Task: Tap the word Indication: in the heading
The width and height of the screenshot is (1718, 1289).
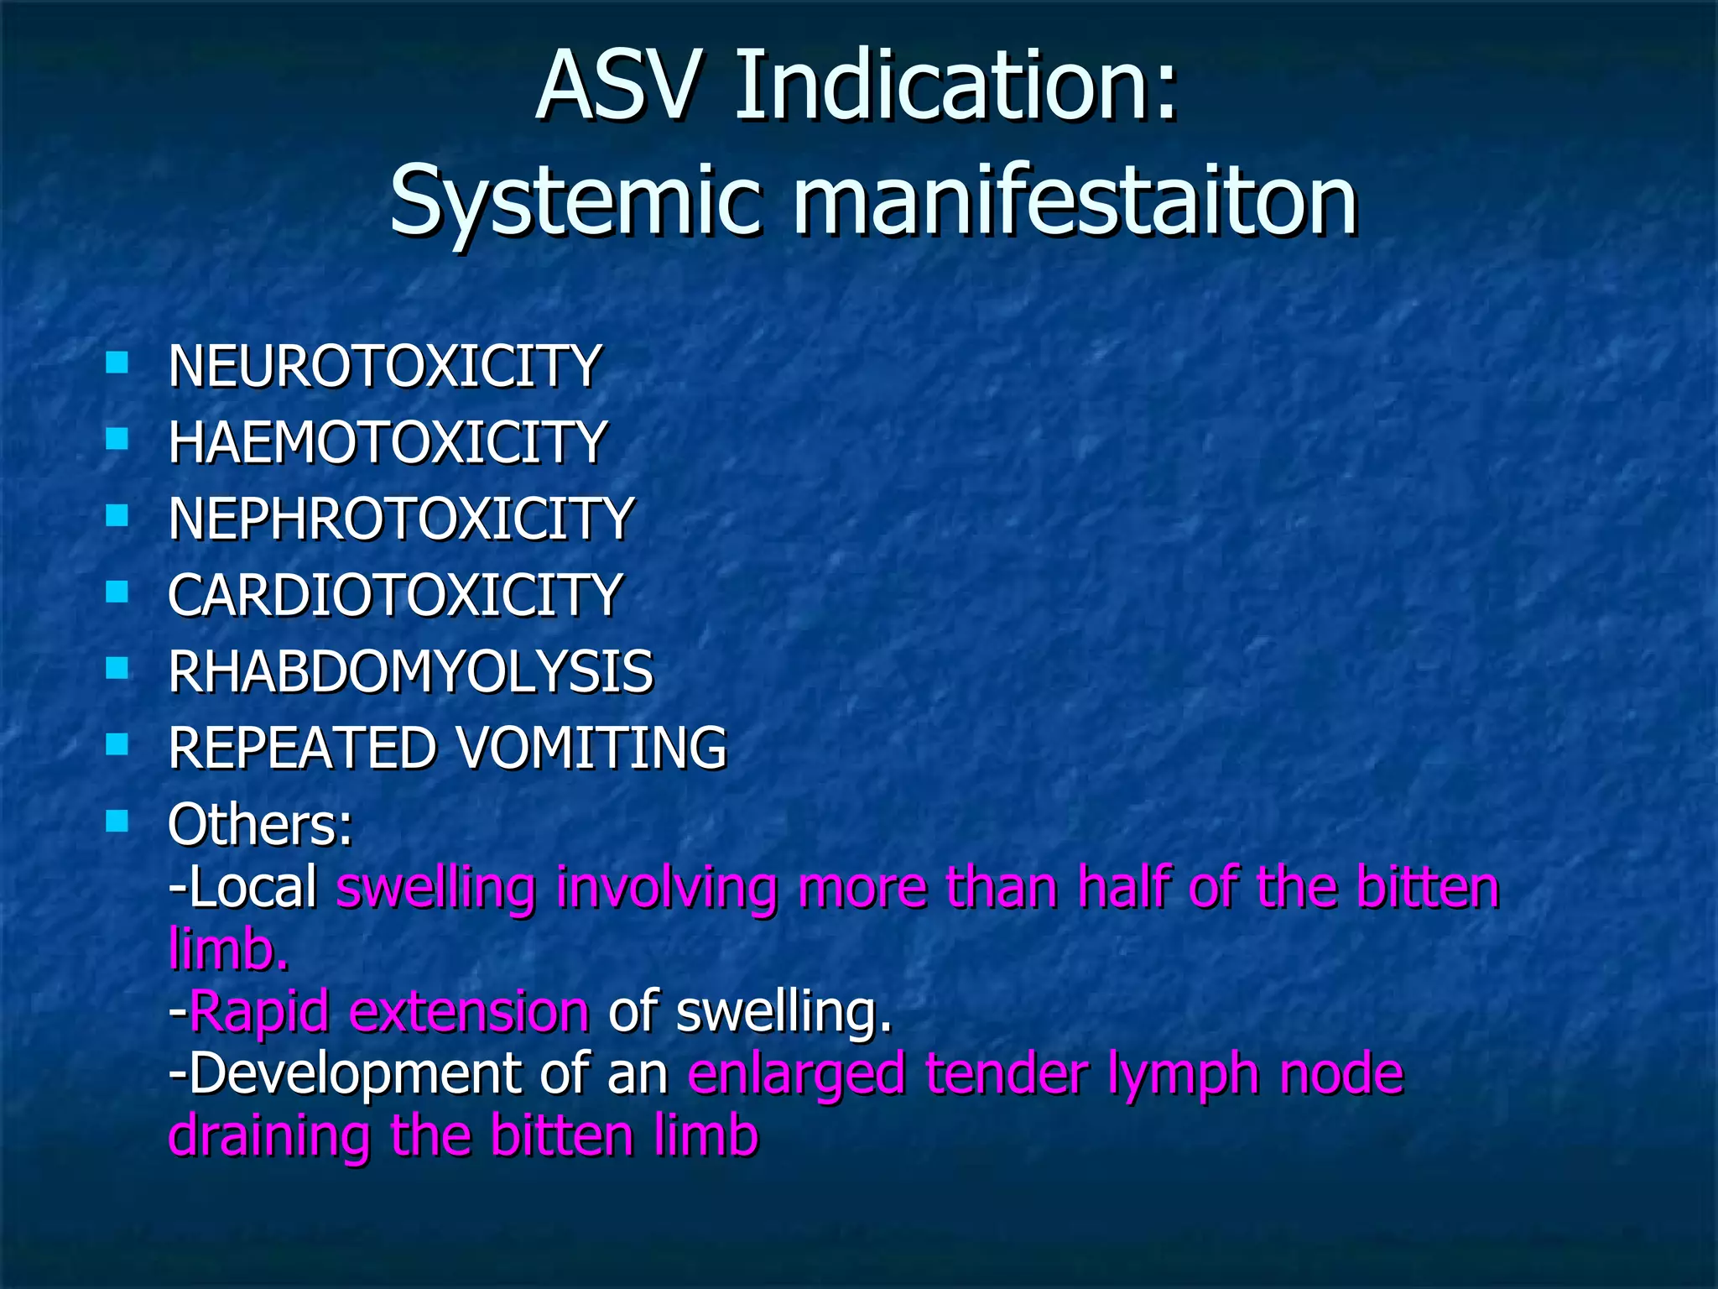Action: coord(956,86)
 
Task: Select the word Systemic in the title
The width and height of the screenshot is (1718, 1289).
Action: coord(576,201)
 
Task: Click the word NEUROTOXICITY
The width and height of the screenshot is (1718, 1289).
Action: coord(384,367)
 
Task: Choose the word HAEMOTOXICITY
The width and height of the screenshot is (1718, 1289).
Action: coord(387,443)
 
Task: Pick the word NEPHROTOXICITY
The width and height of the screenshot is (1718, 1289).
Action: coord(401,519)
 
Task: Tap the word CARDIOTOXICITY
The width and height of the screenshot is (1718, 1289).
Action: coord(394,595)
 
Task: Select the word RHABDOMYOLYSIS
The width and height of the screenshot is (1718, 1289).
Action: coord(410,671)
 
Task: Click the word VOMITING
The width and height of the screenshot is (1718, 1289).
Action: coord(591,748)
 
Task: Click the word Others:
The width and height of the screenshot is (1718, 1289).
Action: coord(260,824)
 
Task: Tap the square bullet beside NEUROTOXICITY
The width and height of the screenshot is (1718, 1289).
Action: coord(117,363)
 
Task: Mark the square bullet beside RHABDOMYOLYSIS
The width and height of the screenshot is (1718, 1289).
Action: coord(117,668)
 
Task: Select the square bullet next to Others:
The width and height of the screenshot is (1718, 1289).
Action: coord(117,821)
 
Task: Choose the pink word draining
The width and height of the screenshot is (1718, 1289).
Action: coord(269,1135)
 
